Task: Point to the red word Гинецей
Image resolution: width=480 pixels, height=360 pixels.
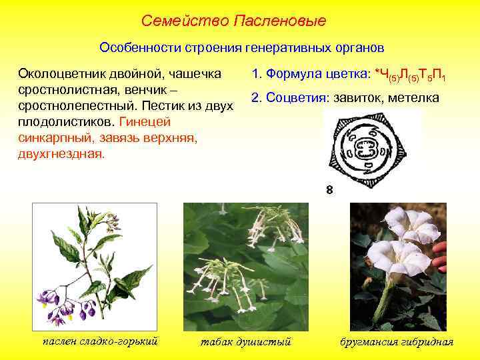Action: [x=144, y=121]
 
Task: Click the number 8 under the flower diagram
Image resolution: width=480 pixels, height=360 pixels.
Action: [x=329, y=190]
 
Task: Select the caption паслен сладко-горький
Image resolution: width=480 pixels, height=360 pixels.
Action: [x=100, y=341]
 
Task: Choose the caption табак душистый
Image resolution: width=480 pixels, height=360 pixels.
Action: [x=246, y=342]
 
